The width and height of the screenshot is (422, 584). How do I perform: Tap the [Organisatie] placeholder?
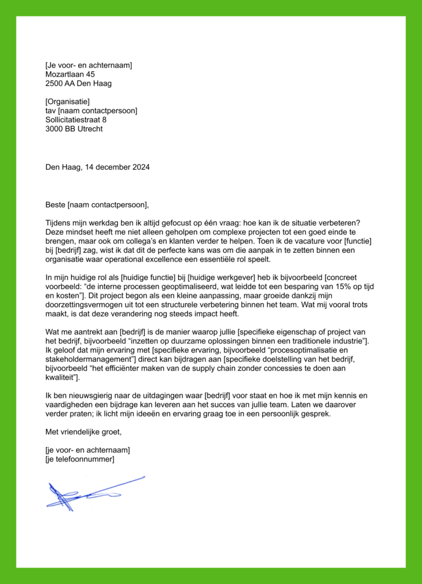(x=67, y=102)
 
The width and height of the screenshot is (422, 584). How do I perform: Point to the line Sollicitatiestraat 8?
(x=76, y=120)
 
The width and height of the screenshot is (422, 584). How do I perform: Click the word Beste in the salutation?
(x=55, y=205)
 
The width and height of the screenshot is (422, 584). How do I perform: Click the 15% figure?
(x=337, y=287)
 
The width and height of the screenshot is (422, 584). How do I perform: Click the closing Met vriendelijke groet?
(x=83, y=432)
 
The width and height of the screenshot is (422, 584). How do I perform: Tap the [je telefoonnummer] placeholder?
(x=80, y=459)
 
